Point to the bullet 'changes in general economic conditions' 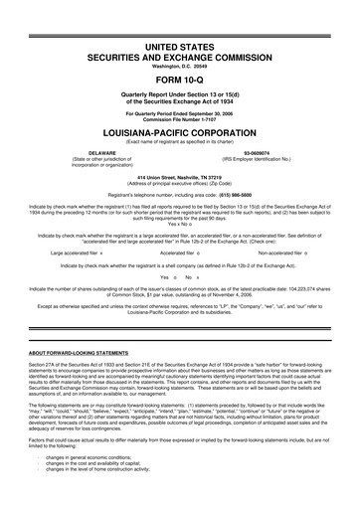(x=108, y=484)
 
